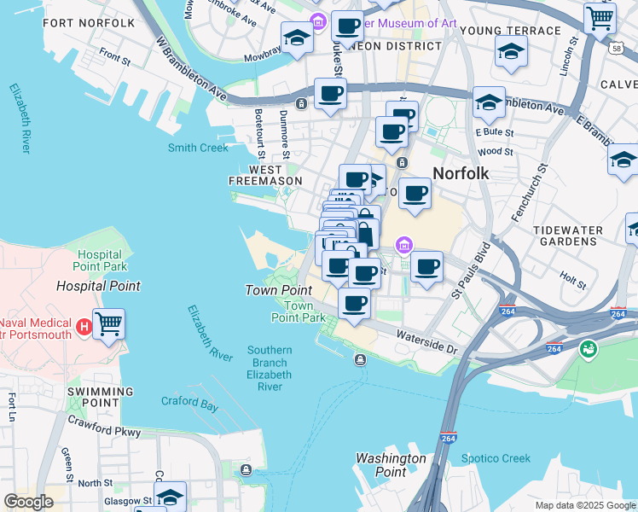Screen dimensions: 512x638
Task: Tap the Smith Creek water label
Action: [x=198, y=148]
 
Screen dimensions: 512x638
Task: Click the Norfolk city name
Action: [x=461, y=173]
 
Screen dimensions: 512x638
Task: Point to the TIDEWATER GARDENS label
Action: [x=567, y=236]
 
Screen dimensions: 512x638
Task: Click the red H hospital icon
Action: [x=84, y=325]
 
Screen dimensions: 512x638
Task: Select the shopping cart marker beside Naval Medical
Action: [x=108, y=324]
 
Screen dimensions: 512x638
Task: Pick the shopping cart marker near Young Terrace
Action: [x=600, y=17]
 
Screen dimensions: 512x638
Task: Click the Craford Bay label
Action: [x=190, y=402]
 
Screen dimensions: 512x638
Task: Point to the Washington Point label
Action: [x=391, y=465]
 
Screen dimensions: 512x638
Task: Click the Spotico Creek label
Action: [x=496, y=458]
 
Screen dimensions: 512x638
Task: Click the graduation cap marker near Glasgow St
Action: [x=170, y=497]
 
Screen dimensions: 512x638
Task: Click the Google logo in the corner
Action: [x=28, y=502]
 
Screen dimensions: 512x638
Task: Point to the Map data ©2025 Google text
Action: [x=584, y=505]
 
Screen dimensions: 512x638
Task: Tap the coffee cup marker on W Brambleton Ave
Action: [x=330, y=94]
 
